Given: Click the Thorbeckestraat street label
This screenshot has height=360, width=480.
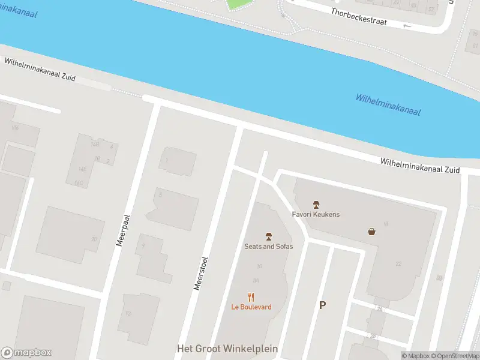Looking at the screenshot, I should (x=359, y=16).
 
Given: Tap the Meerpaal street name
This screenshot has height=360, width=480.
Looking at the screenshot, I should (x=122, y=232).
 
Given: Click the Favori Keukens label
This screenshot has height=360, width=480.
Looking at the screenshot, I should (x=316, y=214).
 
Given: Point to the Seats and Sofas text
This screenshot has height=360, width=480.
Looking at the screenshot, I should (x=268, y=246).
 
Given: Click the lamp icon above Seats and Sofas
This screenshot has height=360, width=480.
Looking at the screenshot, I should (x=268, y=236).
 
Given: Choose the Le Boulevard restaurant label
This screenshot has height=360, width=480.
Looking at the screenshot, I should (x=251, y=307).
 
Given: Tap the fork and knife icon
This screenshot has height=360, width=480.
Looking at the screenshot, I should (x=251, y=296).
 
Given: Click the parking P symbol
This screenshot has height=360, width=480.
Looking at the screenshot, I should (x=322, y=305).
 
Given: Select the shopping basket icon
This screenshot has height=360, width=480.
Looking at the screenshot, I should (x=372, y=231).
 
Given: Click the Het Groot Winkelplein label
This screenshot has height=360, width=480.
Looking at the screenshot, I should (x=227, y=349).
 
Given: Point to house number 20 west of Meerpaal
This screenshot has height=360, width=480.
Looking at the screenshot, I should (x=94, y=239).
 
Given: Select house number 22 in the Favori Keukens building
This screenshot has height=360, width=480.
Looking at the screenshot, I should (x=398, y=263).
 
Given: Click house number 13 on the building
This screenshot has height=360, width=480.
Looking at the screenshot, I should (x=128, y=313).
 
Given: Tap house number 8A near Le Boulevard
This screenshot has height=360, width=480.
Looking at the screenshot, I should (x=256, y=280).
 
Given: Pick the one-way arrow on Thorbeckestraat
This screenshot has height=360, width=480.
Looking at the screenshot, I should (x=408, y=26).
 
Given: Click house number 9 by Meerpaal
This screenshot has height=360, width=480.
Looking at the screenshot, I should (x=143, y=245).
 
